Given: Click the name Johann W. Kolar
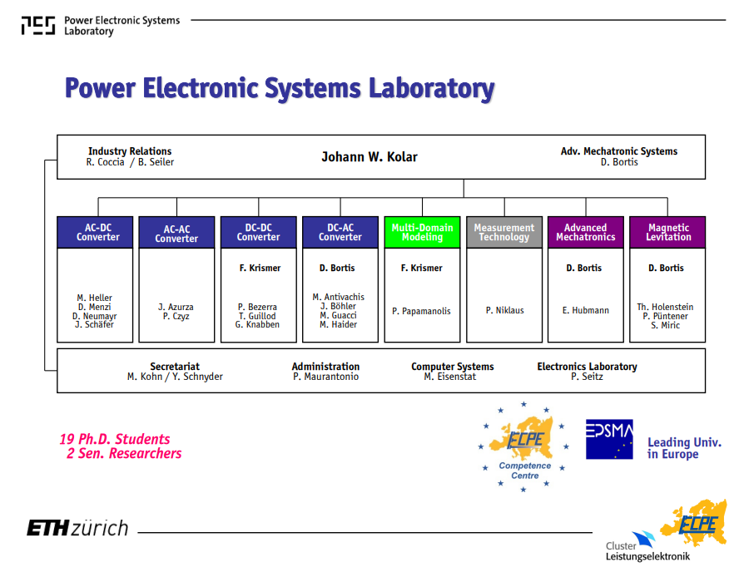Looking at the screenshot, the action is (369, 157).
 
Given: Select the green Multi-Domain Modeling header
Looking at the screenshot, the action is (422, 232).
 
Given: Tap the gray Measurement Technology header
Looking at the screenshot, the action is (504, 232).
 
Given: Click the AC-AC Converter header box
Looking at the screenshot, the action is (176, 232).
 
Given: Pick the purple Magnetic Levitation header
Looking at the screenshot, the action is (667, 232).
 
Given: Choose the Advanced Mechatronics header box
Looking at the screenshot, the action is (586, 232).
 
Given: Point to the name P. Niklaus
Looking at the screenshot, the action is (505, 310).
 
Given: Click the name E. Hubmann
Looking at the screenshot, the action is (585, 310).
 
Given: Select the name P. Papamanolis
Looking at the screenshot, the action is (421, 311).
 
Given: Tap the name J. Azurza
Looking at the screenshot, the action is (176, 307).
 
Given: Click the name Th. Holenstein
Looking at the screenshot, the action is (665, 307).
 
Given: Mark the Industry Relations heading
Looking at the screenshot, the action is (130, 151).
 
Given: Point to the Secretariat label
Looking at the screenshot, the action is (175, 367).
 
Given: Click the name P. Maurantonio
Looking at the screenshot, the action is (325, 377).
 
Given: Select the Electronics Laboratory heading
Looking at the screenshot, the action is (588, 367).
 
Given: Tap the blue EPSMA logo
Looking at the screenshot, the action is (609, 439).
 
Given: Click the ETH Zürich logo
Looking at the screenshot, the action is (77, 528).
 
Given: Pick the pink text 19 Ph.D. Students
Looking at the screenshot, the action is (115, 439).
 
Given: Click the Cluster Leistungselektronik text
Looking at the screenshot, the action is (647, 551).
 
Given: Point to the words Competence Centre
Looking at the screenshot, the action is (525, 471).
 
